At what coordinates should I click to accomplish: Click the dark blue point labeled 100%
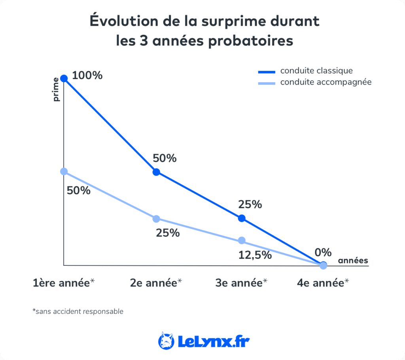(64, 78)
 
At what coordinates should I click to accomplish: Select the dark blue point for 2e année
(156, 172)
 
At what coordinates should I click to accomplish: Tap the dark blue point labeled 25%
(242, 218)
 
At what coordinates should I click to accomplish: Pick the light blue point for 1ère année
(64, 171)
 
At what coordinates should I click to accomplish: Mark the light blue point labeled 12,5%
(242, 241)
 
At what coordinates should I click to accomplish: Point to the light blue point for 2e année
(156, 219)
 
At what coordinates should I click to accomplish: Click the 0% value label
(323, 253)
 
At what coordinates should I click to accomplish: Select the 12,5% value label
(255, 255)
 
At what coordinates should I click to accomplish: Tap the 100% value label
(87, 75)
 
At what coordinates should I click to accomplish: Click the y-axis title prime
(56, 89)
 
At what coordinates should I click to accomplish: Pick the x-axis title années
(353, 260)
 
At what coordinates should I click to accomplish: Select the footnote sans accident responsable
(78, 311)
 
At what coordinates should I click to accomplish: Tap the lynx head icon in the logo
(166, 340)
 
